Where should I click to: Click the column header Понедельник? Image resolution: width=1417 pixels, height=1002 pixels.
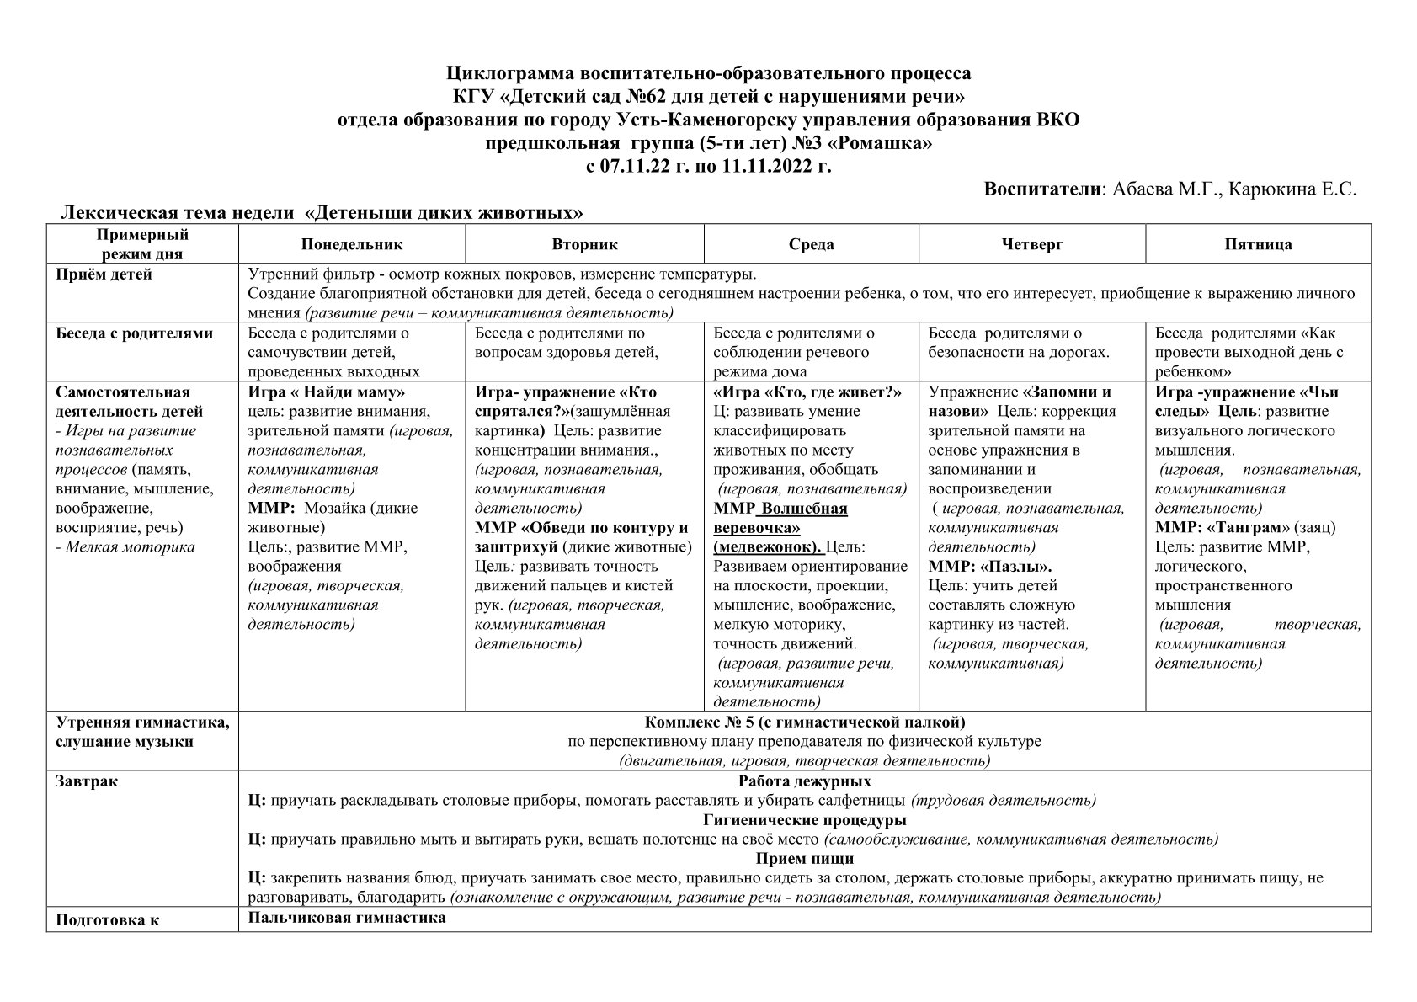[352, 244]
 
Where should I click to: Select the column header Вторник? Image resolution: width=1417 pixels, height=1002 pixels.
[584, 244]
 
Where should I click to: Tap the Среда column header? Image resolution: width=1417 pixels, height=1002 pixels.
[811, 244]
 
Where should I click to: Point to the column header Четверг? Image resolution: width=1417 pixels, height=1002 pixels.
[1032, 244]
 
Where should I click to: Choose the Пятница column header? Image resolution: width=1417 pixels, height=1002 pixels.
[1258, 244]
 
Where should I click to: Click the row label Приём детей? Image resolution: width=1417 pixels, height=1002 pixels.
[104, 274]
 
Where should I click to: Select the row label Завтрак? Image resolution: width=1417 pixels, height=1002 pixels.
[87, 781]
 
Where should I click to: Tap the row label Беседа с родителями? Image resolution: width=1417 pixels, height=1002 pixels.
[134, 333]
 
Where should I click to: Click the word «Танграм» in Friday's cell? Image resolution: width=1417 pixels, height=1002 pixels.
[1249, 528]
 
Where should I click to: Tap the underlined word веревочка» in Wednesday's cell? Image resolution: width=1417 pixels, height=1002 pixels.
[756, 528]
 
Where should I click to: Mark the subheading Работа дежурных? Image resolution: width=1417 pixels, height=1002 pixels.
[804, 781]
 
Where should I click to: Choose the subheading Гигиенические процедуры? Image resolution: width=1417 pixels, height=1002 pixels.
[804, 820]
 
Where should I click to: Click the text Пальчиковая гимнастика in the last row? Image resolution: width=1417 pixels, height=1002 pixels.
[347, 918]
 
